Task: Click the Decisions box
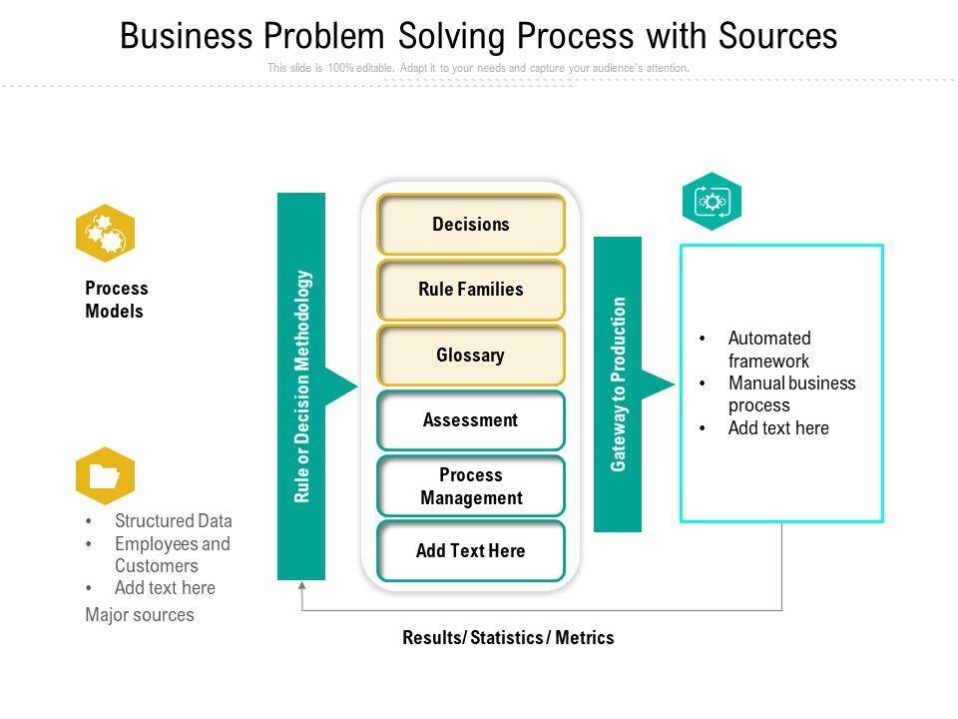coord(471,225)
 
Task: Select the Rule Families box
coord(471,290)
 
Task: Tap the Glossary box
coord(471,356)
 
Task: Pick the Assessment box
coord(471,420)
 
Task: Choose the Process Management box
coord(471,486)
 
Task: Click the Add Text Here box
coord(471,551)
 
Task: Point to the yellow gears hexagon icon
coord(105,233)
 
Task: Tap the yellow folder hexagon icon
coord(105,476)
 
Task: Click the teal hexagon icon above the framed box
coord(712,202)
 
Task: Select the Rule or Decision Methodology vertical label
coord(302,386)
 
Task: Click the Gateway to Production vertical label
coord(619,384)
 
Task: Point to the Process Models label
coord(116,300)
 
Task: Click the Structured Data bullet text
coord(173,521)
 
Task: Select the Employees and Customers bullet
coord(172,554)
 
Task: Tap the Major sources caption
coord(140,615)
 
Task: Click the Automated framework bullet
coord(768,350)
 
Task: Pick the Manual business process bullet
coord(791,393)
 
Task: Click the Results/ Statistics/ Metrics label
coord(508,637)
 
